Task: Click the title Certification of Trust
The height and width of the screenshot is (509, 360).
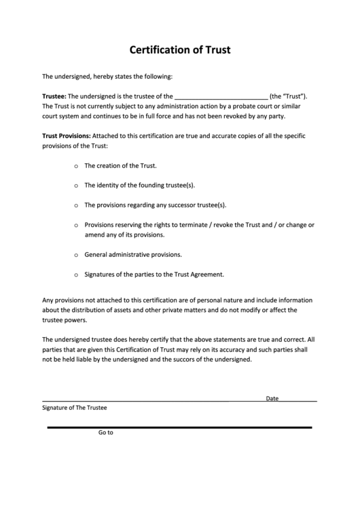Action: [179, 50]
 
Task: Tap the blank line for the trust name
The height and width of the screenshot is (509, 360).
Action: [221, 96]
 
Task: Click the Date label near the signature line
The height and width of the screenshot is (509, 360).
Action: [272, 398]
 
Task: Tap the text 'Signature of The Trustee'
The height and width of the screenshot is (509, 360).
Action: [75, 408]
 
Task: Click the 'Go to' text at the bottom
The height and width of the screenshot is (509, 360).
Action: [105, 432]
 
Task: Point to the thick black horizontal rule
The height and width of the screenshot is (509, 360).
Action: [179, 427]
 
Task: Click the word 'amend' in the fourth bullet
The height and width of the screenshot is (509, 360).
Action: [93, 235]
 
